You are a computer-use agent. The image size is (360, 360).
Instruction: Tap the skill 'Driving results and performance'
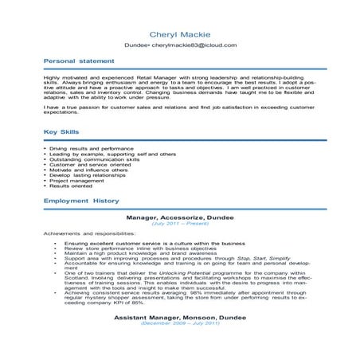pyautogui.click(x=95, y=148)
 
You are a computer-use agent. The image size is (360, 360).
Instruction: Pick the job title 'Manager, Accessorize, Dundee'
pyautogui.click(x=179, y=216)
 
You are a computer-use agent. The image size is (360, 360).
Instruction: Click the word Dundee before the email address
pyautogui.click(x=137, y=45)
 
